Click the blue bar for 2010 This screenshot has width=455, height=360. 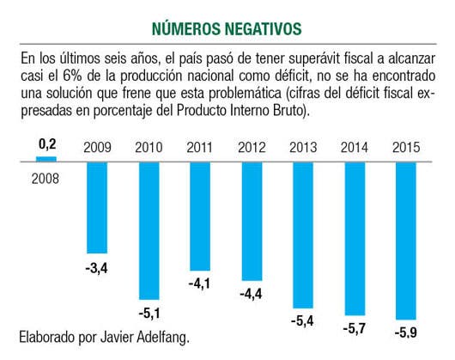[x=149, y=231]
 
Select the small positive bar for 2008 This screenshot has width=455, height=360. [x=46, y=159]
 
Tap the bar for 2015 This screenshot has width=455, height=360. [x=406, y=241]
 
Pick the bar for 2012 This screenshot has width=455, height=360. [x=252, y=221]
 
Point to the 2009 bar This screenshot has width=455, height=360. [x=97, y=208]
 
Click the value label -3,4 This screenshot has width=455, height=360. [x=97, y=268]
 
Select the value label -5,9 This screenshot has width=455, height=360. [x=406, y=333]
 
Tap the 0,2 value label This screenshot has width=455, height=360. [x=47, y=144]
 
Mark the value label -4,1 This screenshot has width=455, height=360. [x=199, y=284]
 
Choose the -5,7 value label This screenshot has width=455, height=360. [x=355, y=329]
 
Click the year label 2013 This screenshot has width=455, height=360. [x=303, y=148]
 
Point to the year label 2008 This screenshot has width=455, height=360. [x=45, y=179]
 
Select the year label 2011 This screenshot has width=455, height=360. [x=200, y=148]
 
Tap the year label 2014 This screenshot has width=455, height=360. [x=355, y=148]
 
